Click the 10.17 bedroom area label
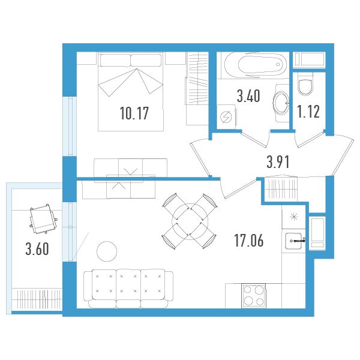[134, 113]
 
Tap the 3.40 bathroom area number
[248, 96]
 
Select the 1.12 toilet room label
[308, 112]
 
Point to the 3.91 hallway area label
[278, 161]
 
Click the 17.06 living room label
[248, 241]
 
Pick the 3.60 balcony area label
[37, 249]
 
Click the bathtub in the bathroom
[256, 65]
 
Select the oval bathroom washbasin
[281, 103]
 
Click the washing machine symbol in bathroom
[226, 117]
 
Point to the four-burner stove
[253, 295]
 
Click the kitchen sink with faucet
[295, 241]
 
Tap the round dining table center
[190, 221]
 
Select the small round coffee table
[107, 251]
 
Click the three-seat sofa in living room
[128, 289]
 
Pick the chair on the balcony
[43, 218]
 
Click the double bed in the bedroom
[131, 92]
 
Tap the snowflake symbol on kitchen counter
[294, 217]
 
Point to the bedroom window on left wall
[70, 126]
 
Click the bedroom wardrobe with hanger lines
[197, 79]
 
